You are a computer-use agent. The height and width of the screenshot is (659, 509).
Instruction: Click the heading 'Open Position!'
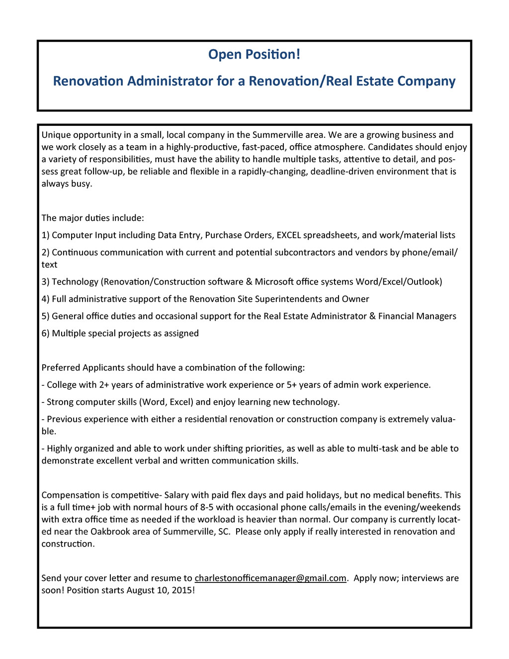pos(254,54)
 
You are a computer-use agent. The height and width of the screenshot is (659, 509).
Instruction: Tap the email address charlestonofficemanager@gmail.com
pos(270,578)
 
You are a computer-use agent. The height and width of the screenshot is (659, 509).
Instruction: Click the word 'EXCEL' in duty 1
pos(288,235)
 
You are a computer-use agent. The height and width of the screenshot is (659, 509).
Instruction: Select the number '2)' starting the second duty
pos(46,253)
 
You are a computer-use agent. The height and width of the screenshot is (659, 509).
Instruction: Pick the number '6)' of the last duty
pos(46,333)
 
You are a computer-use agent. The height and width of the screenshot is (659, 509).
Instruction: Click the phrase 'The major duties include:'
pos(92,218)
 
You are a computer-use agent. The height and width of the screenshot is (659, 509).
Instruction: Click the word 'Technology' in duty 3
pos(75,282)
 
